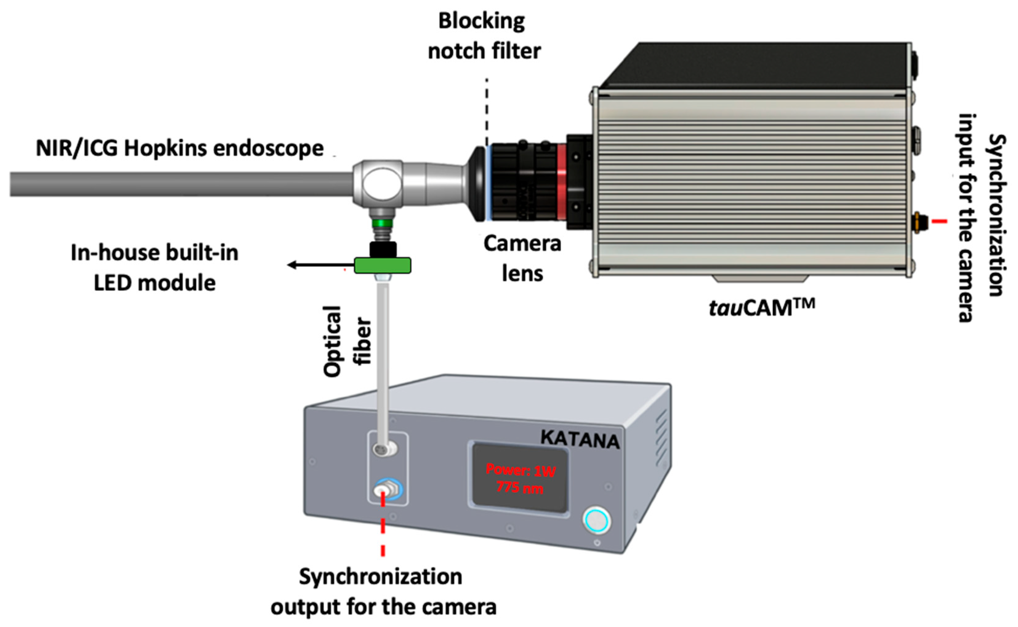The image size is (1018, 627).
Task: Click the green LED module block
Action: [382, 266]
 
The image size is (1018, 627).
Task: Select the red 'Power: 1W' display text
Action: [521, 471]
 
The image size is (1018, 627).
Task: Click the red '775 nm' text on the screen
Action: [520, 488]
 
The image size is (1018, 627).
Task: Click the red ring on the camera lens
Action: [562, 182]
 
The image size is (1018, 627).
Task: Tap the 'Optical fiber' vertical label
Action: [347, 341]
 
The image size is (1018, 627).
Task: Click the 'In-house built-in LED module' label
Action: [154, 267]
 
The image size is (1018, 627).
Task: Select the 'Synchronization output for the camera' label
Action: [383, 591]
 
